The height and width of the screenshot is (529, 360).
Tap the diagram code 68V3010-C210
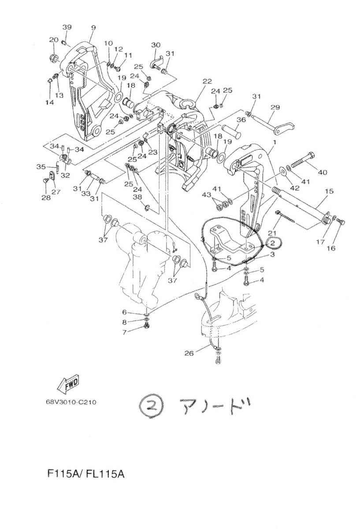click(71, 402)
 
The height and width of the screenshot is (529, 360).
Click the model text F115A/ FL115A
click(86, 474)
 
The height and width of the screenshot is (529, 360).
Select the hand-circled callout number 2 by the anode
click(272, 243)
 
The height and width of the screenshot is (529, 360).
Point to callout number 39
click(67, 27)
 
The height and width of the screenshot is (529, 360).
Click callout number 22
click(207, 81)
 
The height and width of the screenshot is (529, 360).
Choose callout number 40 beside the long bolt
click(323, 172)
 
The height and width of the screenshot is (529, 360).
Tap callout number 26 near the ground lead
click(189, 353)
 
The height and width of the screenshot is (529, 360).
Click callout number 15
click(329, 191)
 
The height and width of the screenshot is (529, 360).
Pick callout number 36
click(241, 120)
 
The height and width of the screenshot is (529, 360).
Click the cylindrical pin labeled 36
click(231, 131)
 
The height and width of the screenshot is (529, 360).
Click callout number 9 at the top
click(93, 28)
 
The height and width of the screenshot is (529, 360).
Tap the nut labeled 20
click(54, 58)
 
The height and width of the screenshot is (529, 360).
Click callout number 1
click(275, 143)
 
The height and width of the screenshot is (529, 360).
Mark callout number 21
click(272, 233)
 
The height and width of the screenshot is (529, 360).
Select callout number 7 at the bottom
click(124, 332)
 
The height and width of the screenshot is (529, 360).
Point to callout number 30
click(156, 45)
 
